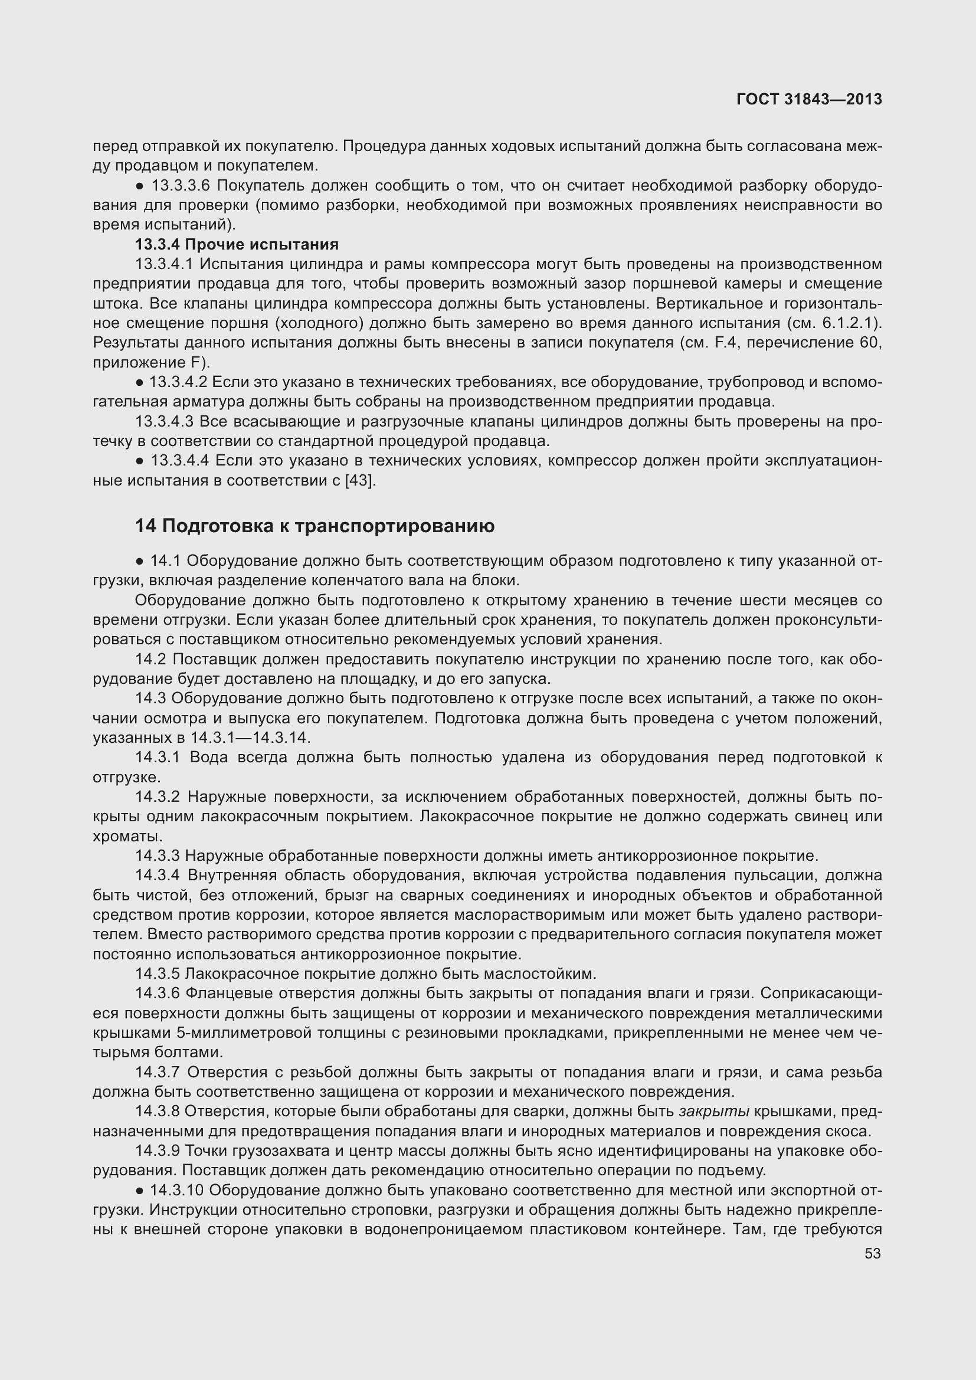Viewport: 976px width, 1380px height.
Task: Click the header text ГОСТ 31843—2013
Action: coord(808,99)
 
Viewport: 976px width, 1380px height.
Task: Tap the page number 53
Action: coord(873,1254)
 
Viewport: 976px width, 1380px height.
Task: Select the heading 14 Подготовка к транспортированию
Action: coord(315,526)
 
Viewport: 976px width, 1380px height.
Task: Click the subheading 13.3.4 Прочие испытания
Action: coord(237,245)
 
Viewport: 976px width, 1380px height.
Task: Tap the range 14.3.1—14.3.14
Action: coord(250,737)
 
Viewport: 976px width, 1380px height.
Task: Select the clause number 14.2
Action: coord(150,660)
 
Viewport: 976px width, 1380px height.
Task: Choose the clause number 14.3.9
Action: coord(158,1151)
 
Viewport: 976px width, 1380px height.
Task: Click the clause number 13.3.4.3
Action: coord(165,422)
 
